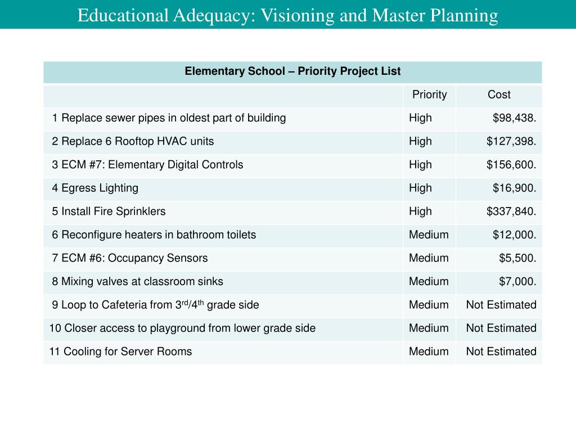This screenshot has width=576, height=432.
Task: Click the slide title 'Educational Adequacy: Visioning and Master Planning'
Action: [x=287, y=15]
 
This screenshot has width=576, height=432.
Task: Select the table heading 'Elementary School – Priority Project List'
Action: [x=292, y=71]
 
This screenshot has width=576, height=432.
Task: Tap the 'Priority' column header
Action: [x=429, y=94]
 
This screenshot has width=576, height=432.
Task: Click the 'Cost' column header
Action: [x=499, y=94]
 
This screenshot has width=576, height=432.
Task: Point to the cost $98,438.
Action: [x=514, y=118]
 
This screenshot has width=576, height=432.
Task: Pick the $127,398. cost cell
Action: [x=511, y=141]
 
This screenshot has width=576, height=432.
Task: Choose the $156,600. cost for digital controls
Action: [x=511, y=165]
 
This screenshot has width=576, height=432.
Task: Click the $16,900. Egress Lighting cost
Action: [x=514, y=188]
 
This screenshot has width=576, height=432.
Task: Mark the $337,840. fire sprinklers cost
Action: [x=511, y=211]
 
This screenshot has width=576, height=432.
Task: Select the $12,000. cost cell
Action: [x=514, y=235]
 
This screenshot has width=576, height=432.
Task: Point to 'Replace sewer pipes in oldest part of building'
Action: [x=173, y=118]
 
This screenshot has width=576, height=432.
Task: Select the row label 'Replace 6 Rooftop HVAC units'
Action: [x=137, y=141]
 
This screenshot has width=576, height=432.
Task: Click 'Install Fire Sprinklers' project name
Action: [x=113, y=211]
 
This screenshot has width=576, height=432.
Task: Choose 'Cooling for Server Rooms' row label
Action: [x=127, y=352]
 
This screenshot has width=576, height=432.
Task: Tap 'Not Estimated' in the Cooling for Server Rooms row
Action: [x=501, y=352]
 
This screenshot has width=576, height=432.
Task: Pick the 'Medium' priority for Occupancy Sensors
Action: [x=429, y=258]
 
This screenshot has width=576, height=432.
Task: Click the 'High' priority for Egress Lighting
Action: [x=420, y=188]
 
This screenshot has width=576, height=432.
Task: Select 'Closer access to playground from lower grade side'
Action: [x=190, y=328]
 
